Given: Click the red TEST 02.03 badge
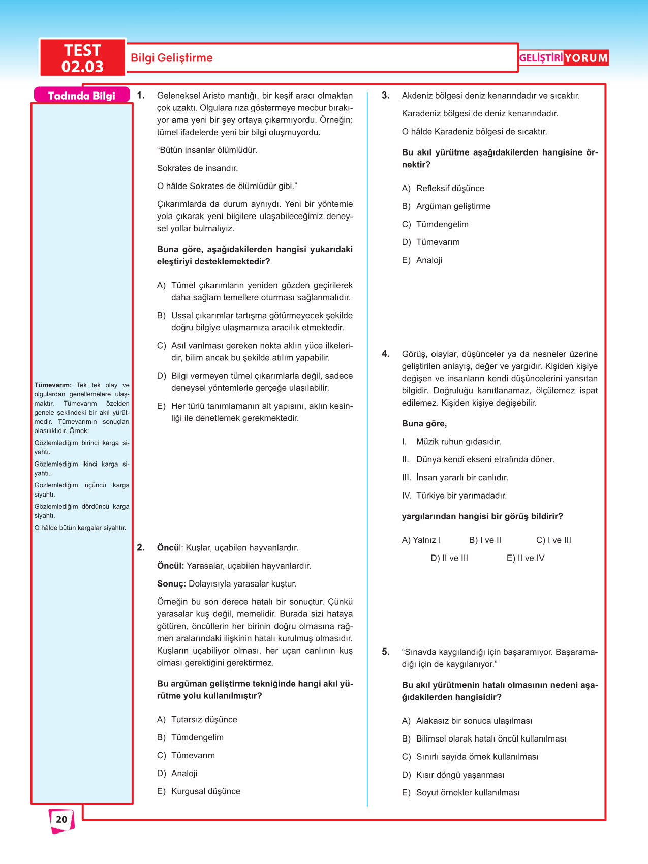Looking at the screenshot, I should click(x=82, y=58).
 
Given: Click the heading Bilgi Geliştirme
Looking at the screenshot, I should click(x=172, y=58).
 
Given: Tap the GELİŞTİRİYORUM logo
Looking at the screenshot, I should click(x=563, y=58).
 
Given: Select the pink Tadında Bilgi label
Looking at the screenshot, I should click(x=81, y=96).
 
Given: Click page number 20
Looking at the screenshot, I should click(x=61, y=819).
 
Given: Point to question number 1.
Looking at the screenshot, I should click(x=141, y=96).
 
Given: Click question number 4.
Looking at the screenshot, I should click(x=386, y=354).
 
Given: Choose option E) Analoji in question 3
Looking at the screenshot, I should click(x=422, y=260).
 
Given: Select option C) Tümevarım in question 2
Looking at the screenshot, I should click(x=186, y=755).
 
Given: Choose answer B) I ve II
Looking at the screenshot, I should click(x=485, y=540).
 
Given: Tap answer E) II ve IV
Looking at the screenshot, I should click(x=525, y=558).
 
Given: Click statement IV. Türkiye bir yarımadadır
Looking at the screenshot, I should click(x=454, y=496).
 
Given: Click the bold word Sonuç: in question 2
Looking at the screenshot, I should click(x=171, y=584).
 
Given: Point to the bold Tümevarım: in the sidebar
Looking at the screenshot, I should click(x=53, y=385).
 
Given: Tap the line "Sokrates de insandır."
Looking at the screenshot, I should click(x=197, y=168).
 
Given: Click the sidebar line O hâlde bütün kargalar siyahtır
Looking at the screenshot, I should click(x=80, y=528).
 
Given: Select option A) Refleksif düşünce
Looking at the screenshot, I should click(x=443, y=188).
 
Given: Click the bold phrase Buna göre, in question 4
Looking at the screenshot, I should click(x=424, y=424).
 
